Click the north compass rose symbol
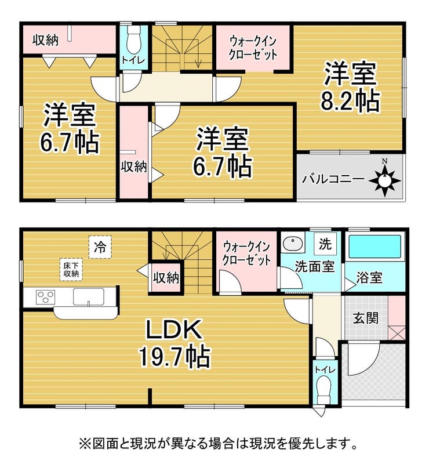coord(384,180)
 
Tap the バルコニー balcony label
coord(333,180)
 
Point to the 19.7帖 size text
coord(174,357)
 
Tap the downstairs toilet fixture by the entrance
coord(323,390)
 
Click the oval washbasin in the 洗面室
coord(292,243)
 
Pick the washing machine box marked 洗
coord(325,244)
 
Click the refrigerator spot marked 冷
coord(100,247)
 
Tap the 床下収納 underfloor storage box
coord(71,270)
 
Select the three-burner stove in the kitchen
coord(45,297)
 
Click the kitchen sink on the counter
coord(89,296)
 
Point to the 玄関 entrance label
coord(366,318)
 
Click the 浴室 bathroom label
coord(369,277)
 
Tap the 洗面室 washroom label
coord(314,266)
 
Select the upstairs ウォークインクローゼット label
coord(253,48)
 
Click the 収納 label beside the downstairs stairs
coord(166,278)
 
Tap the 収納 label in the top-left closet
coord(46,40)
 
